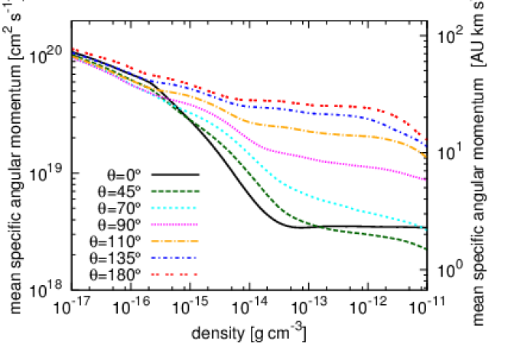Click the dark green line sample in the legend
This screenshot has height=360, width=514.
[x=175, y=191]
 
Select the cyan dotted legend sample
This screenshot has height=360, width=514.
[x=174, y=208]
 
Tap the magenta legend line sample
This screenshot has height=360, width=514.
[x=174, y=225]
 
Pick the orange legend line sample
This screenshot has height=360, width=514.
[x=174, y=242]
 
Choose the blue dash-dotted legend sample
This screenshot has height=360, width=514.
[x=174, y=258]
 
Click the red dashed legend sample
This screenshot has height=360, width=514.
[x=174, y=274]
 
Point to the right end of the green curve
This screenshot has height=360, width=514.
[x=425, y=248]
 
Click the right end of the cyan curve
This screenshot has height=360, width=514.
[x=425, y=229]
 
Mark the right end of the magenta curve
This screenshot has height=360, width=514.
[x=425, y=180]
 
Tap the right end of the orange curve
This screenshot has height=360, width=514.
[x=425, y=156]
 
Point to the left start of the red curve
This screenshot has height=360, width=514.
[x=73, y=49]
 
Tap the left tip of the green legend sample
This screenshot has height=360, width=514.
[x=151, y=191]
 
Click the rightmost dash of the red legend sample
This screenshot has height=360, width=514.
[x=196, y=274]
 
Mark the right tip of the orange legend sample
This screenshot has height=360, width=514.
[x=198, y=242]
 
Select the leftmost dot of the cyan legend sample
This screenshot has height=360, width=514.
[x=152, y=208]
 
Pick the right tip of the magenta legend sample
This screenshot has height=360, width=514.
[x=198, y=225]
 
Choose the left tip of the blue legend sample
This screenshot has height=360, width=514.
[x=151, y=258]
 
